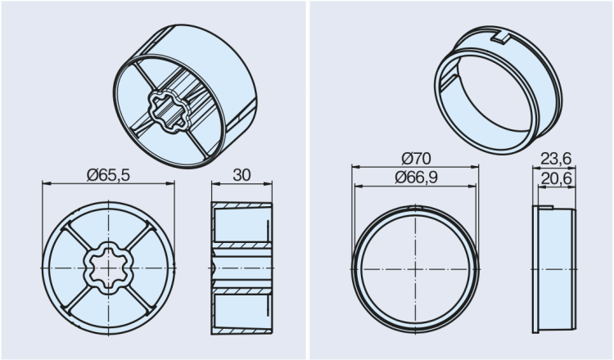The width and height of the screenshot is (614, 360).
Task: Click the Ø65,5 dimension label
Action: pyautogui.click(x=108, y=174)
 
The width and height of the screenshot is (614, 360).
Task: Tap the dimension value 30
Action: pyautogui.click(x=242, y=174)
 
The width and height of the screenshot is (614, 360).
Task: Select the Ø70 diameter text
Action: pyautogui.click(x=417, y=158)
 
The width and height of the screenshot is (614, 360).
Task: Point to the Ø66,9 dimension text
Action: pyautogui.click(x=417, y=177)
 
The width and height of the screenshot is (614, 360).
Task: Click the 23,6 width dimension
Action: pyautogui.click(x=556, y=158)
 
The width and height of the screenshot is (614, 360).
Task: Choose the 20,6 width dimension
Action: pyautogui.click(x=556, y=177)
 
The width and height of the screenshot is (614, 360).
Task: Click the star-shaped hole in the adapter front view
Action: pyautogui.click(x=108, y=268)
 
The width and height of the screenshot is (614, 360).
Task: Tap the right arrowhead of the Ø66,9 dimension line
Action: pyautogui.click(x=475, y=185)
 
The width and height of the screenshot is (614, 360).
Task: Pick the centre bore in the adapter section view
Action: pyautogui.click(x=242, y=268)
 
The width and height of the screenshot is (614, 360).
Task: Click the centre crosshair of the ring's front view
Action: pyautogui.click(x=416, y=268)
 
